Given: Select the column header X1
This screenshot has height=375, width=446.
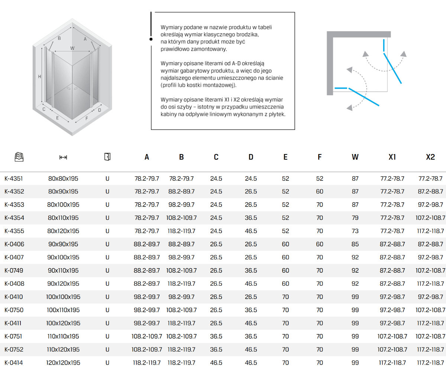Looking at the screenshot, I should (392, 157).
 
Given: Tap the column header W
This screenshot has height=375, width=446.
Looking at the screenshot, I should (355, 157).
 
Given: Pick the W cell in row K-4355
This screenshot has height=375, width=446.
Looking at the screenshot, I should (355, 231).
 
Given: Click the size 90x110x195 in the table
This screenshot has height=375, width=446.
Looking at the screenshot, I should (63, 270).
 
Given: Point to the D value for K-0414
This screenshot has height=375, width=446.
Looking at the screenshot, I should (251, 362).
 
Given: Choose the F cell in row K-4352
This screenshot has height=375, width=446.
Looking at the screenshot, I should (320, 192).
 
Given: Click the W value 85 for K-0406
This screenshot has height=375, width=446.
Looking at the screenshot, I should (355, 244).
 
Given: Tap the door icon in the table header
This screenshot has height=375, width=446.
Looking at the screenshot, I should (107, 157).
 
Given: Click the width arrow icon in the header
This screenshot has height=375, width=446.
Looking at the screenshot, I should (63, 157).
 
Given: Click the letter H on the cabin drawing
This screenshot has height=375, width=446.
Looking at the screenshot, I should (39, 77).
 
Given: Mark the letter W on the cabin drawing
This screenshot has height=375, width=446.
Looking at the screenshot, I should (72, 48).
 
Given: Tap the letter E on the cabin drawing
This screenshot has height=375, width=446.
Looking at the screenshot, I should (57, 118).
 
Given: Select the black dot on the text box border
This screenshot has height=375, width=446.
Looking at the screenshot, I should (151, 39).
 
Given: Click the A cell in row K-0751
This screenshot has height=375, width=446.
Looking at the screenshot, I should (147, 336).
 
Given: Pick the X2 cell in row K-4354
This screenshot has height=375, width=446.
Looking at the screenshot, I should (430, 218).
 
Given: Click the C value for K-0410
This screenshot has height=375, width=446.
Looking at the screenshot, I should (216, 297).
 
